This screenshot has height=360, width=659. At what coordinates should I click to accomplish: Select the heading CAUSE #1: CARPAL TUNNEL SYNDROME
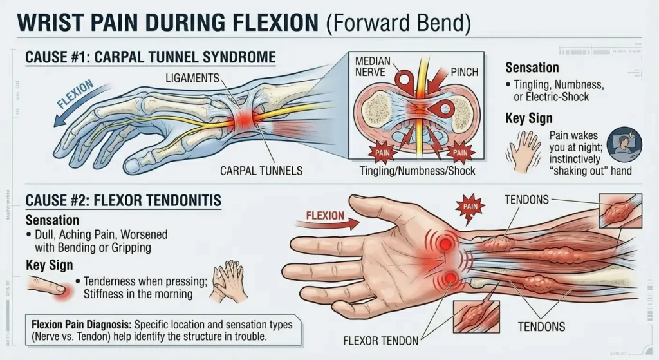[x=150, y=57]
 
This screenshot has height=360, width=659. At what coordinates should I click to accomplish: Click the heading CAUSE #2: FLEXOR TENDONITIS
[x=123, y=201]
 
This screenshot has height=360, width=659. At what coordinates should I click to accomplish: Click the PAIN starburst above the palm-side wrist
[x=470, y=205]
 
